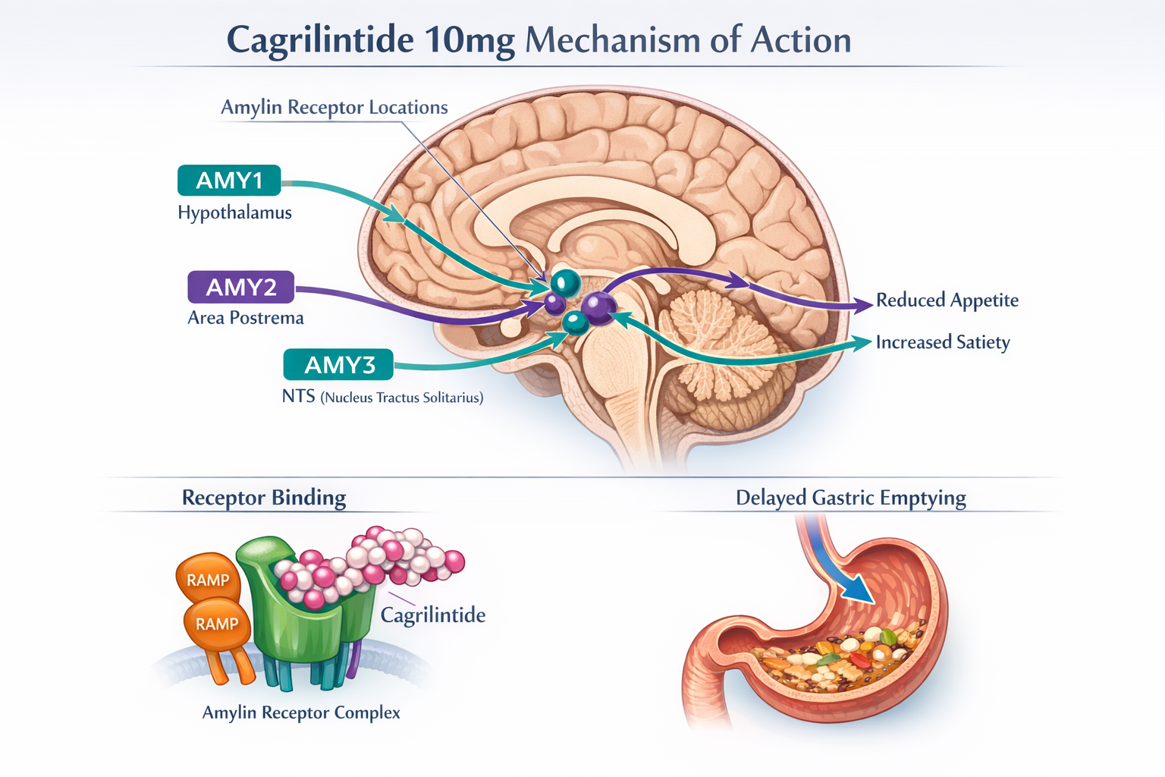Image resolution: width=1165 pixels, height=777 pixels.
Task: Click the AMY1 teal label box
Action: tap(229, 181)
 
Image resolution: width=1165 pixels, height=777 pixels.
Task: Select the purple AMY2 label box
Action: tap(241, 287)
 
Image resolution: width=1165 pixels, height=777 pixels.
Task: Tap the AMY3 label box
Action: tap(338, 365)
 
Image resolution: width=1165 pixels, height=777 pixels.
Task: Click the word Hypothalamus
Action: tap(234, 212)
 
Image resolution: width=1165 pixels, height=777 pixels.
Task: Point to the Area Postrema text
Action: tap(245, 318)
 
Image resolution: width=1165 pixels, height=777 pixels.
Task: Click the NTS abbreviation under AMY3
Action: tap(298, 396)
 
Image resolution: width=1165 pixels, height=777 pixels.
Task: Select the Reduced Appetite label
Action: tap(947, 300)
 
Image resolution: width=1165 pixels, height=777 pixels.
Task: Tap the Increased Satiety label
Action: tap(942, 342)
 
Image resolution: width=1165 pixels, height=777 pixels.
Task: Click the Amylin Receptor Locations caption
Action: tap(334, 108)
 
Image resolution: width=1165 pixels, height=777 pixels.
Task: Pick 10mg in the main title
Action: tap(469, 40)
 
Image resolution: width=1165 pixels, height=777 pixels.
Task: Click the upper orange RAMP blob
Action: tap(208, 580)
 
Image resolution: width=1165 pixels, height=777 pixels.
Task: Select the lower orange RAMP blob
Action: tap(217, 624)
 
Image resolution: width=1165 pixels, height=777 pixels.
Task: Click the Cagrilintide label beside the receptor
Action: tap(432, 615)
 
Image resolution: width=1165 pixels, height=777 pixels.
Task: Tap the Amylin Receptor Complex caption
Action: tap(301, 713)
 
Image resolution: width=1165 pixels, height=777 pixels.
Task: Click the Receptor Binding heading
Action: tap(263, 498)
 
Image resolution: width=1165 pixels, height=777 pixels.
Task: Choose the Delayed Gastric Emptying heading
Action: tap(850, 498)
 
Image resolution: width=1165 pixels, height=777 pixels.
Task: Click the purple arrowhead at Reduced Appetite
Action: tap(863, 305)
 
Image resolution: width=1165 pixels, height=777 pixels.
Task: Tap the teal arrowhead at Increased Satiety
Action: tap(862, 342)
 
